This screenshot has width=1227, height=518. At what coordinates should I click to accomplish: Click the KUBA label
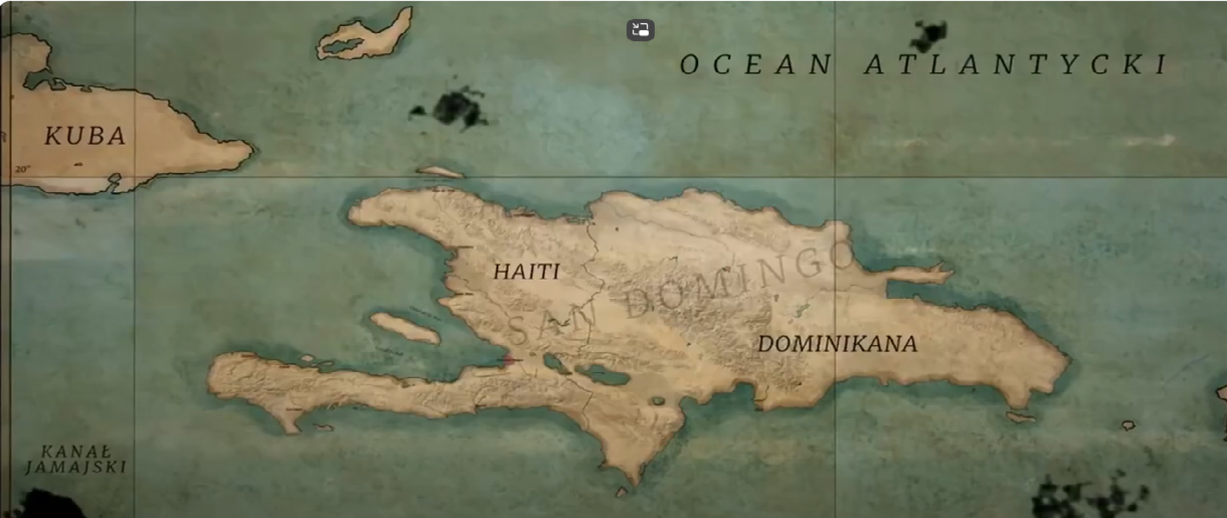click(x=85, y=136)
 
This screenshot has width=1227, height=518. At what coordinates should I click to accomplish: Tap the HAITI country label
click(x=527, y=272)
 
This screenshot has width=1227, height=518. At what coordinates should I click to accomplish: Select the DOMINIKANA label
click(x=837, y=345)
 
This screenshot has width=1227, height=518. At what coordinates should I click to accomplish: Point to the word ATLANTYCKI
click(x=1016, y=65)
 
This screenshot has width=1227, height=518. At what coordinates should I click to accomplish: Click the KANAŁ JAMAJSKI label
click(x=76, y=460)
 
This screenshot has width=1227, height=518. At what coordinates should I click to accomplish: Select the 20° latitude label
click(x=22, y=169)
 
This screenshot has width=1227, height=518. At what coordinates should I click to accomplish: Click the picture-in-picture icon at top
click(x=640, y=29)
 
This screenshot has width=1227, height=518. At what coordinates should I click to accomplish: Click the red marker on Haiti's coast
click(x=509, y=360)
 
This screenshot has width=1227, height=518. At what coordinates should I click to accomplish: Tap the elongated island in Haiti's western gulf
click(x=405, y=327)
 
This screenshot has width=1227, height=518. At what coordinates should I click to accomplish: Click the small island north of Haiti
click(x=440, y=171)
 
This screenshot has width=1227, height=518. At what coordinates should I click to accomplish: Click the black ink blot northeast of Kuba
click(x=457, y=109)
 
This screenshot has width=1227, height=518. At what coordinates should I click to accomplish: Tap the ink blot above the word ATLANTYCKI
click(x=930, y=35)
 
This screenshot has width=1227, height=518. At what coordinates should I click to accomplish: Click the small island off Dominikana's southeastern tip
click(x=1021, y=418)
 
